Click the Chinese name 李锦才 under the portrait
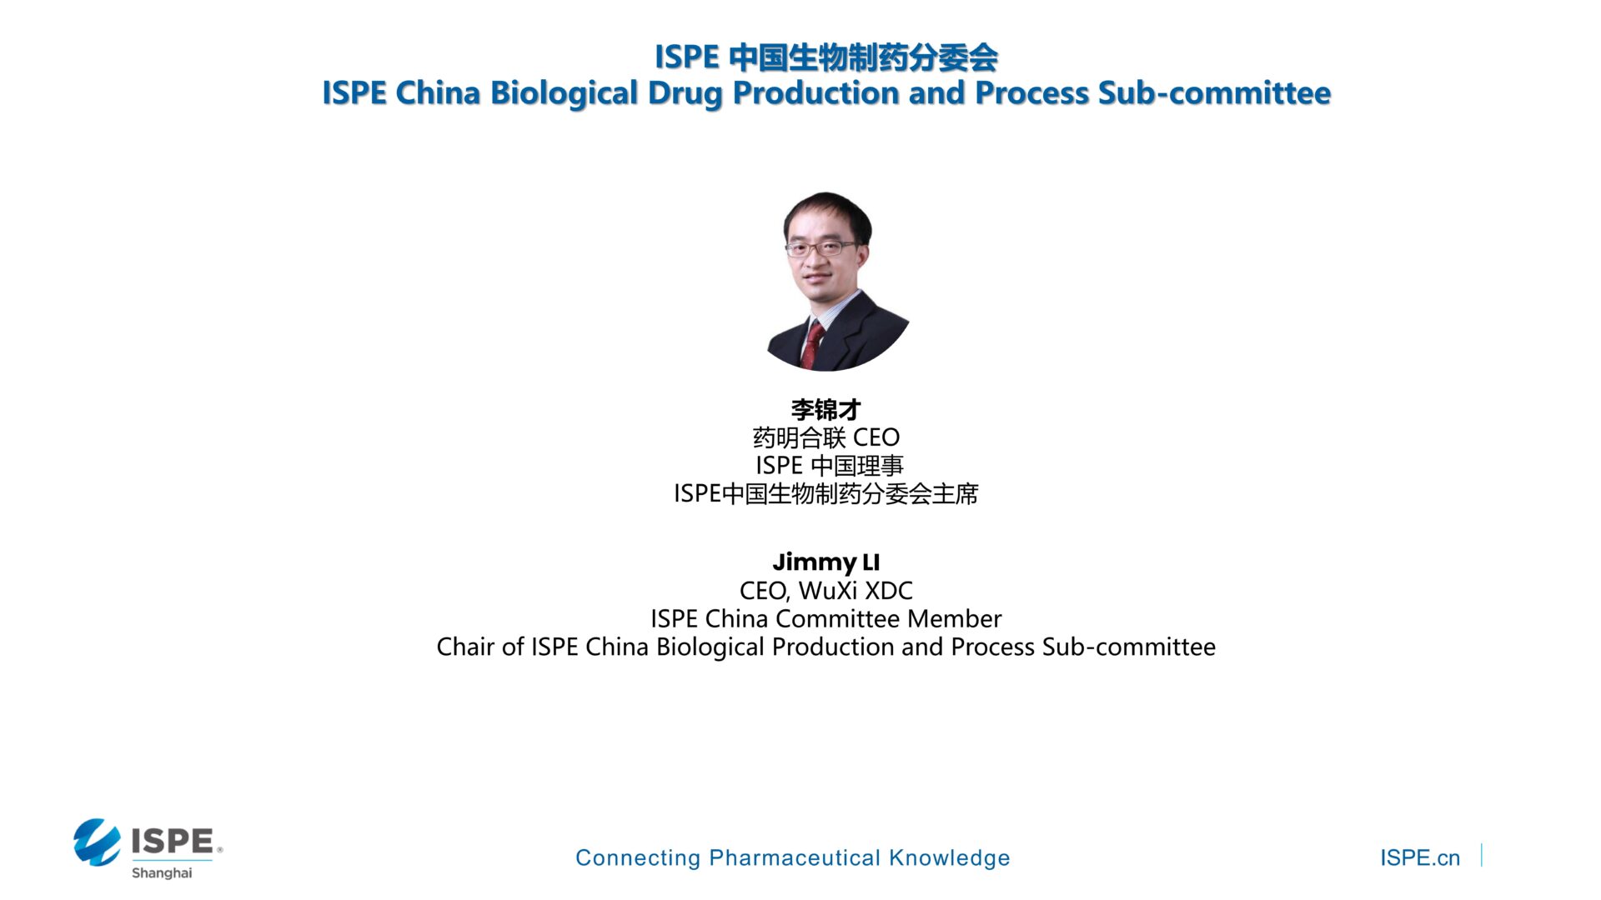[x=826, y=409]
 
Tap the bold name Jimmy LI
[x=826, y=562]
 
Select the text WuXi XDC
[x=856, y=591]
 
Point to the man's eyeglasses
[x=821, y=247]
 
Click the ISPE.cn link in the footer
[x=1420, y=857]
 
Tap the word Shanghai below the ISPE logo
[x=162, y=872]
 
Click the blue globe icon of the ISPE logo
[x=98, y=842]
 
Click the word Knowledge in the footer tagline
[x=950, y=857]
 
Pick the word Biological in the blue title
[x=565, y=93]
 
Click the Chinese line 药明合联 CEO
[x=826, y=437]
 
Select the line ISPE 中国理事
[x=830, y=466]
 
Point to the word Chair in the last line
[x=465, y=647]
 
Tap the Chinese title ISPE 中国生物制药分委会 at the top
[x=826, y=57]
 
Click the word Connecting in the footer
[x=638, y=858]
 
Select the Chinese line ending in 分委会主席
[x=826, y=494]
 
